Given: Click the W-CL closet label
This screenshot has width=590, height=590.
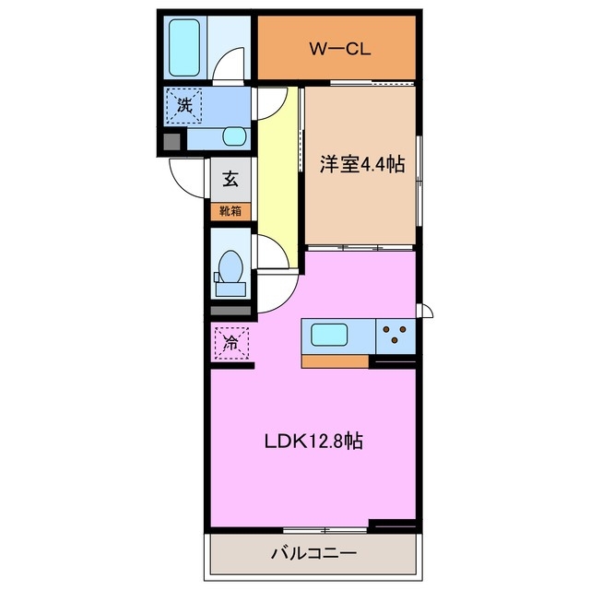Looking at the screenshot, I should [x=339, y=49].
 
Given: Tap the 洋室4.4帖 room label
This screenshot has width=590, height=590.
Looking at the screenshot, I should [x=362, y=164].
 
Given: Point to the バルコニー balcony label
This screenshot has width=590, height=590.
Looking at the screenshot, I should [x=313, y=554].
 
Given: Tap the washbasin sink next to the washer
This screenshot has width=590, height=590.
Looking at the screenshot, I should [x=235, y=136].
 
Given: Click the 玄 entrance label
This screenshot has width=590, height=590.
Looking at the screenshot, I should [x=231, y=180].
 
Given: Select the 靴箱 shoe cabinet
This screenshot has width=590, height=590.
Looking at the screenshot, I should [x=230, y=211].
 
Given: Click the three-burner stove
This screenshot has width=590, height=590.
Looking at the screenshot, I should [x=395, y=336].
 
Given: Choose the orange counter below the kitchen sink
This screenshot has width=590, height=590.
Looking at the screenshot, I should [x=336, y=360].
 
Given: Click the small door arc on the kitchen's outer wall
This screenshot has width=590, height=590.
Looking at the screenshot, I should [x=425, y=310].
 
